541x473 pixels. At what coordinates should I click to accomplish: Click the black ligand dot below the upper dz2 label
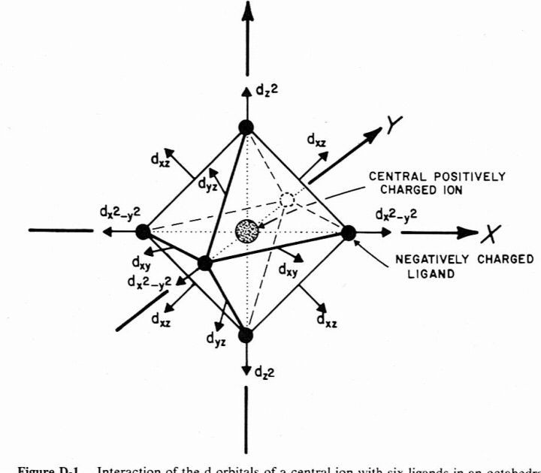pos(246,126)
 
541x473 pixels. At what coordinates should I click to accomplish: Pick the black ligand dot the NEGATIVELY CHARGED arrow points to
pos(348,233)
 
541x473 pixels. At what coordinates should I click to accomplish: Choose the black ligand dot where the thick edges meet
pos(204,263)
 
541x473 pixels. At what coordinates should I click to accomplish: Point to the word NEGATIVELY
pos(426,259)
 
